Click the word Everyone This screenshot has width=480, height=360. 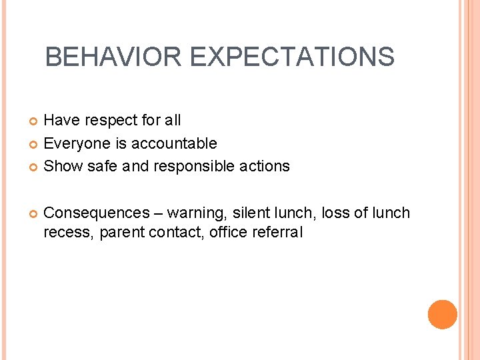pyautogui.click(x=75, y=143)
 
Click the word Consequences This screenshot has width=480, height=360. pyautogui.click(x=96, y=213)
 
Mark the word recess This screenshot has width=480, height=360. pyautogui.click(x=69, y=233)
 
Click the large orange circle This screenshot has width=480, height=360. pyautogui.click(x=442, y=315)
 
